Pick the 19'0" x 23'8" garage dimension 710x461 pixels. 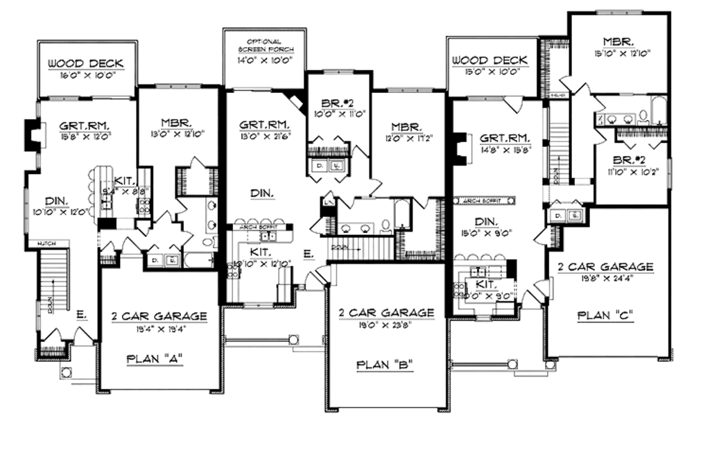tap(387, 324)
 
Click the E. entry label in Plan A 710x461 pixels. tap(80, 315)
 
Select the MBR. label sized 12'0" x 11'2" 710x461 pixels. tap(406, 127)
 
